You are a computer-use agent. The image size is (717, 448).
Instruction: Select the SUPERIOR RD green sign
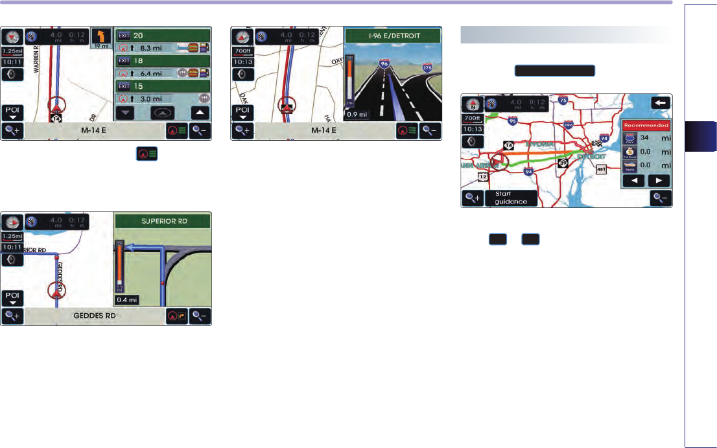pyautogui.click(x=163, y=221)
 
